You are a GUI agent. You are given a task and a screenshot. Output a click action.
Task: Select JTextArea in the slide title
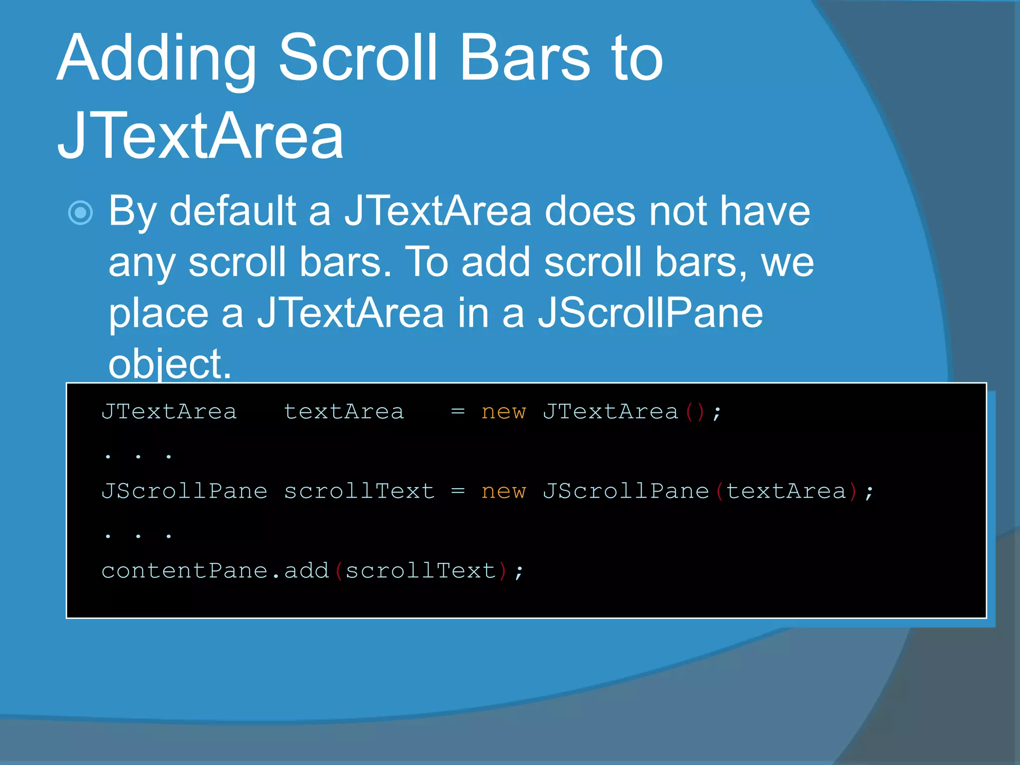tap(200, 135)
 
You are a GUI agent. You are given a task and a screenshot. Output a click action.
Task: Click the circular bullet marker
tap(80, 213)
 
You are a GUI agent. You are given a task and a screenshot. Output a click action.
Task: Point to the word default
tap(233, 211)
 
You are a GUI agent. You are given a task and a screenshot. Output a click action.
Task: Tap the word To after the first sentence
tap(427, 262)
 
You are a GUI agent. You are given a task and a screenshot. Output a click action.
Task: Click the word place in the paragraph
tap(158, 314)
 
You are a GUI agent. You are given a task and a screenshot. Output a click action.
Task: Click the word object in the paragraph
tap(169, 364)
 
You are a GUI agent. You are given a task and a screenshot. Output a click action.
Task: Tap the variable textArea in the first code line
tap(344, 412)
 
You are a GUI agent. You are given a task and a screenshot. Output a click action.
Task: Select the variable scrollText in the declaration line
tap(359, 492)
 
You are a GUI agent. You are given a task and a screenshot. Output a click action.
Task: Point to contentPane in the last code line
tap(185, 571)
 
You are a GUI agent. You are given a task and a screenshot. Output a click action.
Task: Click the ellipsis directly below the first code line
tap(138, 456)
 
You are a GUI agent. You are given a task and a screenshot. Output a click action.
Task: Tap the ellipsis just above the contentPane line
tap(138, 535)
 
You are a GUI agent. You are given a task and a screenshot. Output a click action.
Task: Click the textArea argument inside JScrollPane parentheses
tap(786, 492)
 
